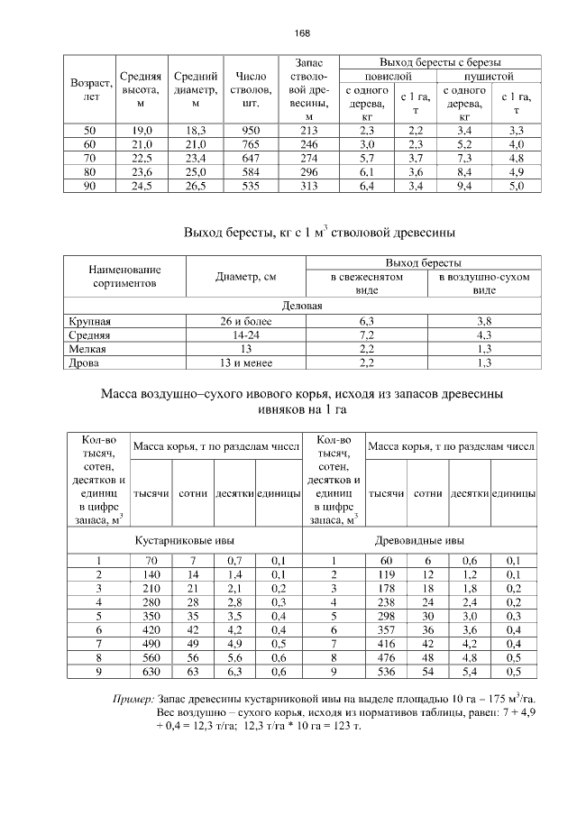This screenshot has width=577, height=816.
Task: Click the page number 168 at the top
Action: coord(301,33)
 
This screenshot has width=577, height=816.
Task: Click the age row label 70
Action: coord(89,158)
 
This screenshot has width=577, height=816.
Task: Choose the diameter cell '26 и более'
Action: coord(246,320)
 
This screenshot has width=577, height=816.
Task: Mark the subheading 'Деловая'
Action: coord(303,306)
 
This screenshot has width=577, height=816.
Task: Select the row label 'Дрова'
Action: coord(85,363)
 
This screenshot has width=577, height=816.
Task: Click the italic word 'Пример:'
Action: coord(133,699)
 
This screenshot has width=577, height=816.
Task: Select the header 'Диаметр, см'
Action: coord(246,277)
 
